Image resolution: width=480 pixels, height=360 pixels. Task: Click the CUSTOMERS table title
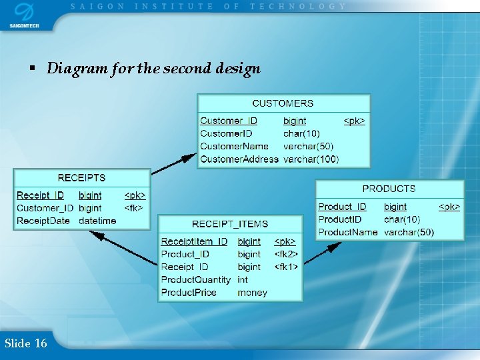(283, 103)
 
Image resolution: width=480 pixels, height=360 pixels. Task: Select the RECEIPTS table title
(81, 178)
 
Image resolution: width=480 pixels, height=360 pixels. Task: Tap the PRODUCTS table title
(389, 189)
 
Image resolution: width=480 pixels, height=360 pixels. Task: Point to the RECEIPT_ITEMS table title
(230, 224)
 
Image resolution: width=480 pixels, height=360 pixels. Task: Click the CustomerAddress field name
(239, 159)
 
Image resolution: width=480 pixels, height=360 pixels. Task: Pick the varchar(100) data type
(311, 159)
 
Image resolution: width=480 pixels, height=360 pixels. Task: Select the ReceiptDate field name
(43, 221)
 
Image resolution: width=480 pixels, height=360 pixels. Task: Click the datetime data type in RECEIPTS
(97, 221)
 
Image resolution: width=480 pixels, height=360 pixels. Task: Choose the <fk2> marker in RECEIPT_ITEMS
(286, 254)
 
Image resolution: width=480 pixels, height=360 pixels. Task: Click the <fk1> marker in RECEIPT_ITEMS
(286, 267)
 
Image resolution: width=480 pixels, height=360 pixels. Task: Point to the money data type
(252, 292)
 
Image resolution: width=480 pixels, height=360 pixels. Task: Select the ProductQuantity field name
(196, 279)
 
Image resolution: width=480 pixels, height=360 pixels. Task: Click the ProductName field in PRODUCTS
(348, 232)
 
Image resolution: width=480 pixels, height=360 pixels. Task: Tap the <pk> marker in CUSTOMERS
(354, 121)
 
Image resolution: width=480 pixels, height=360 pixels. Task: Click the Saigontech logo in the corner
(23, 15)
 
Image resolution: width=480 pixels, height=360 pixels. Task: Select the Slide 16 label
(25, 343)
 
